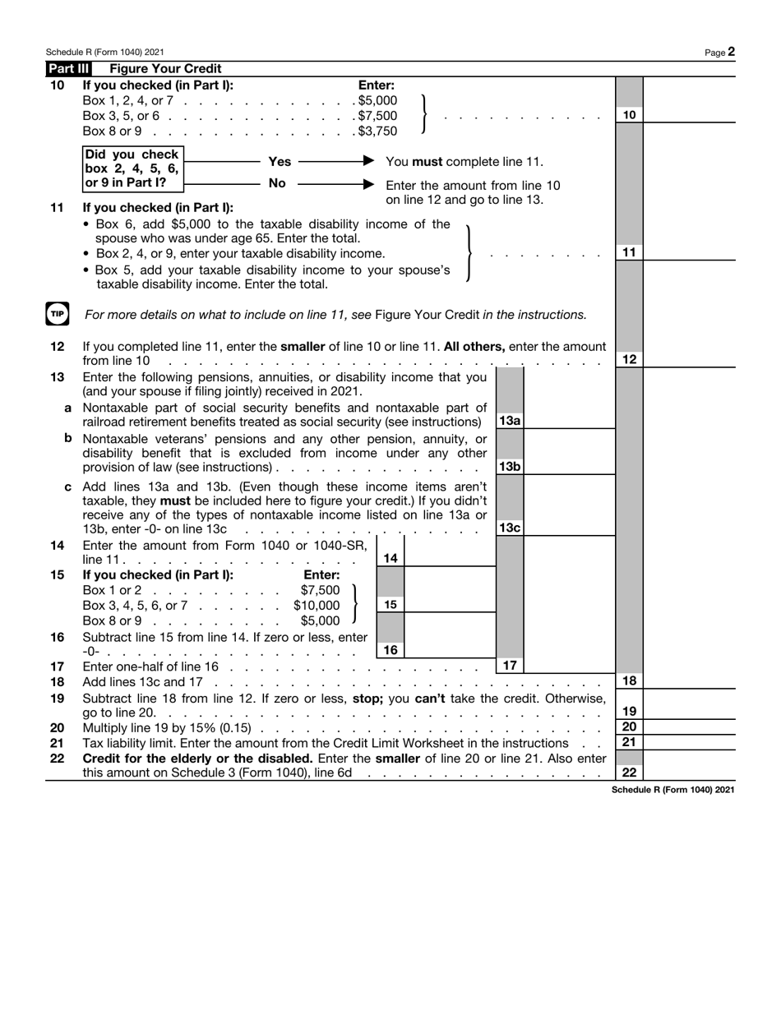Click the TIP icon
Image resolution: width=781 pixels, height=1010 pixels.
tap(57, 314)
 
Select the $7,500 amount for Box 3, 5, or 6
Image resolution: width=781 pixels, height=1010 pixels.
tap(377, 116)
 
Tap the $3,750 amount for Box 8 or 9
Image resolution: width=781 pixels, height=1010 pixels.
tap(377, 131)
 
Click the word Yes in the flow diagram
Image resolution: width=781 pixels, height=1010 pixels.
tap(280, 162)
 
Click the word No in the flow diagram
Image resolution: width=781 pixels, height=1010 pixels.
tap(277, 183)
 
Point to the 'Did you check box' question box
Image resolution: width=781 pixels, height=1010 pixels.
tap(132, 168)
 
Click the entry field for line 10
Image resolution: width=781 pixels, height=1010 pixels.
tap(689, 115)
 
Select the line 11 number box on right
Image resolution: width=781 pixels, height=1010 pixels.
tap(629, 252)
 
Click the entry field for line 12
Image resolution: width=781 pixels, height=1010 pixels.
tap(689, 359)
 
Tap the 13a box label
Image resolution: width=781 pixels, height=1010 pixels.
tap(510, 421)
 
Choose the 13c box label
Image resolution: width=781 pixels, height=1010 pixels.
tap(510, 528)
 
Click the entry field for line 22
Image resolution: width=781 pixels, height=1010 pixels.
tap(689, 772)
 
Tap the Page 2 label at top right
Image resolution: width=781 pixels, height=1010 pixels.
tap(719, 52)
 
